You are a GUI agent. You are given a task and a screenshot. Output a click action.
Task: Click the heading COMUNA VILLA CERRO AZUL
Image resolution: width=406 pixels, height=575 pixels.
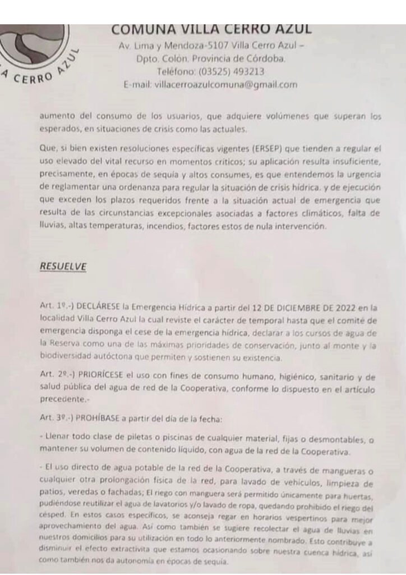pos(211,29)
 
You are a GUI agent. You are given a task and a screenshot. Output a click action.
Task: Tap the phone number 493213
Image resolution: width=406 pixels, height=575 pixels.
pos(244,71)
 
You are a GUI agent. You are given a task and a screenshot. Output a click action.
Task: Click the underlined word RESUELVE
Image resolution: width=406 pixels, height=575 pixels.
pos(63,267)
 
